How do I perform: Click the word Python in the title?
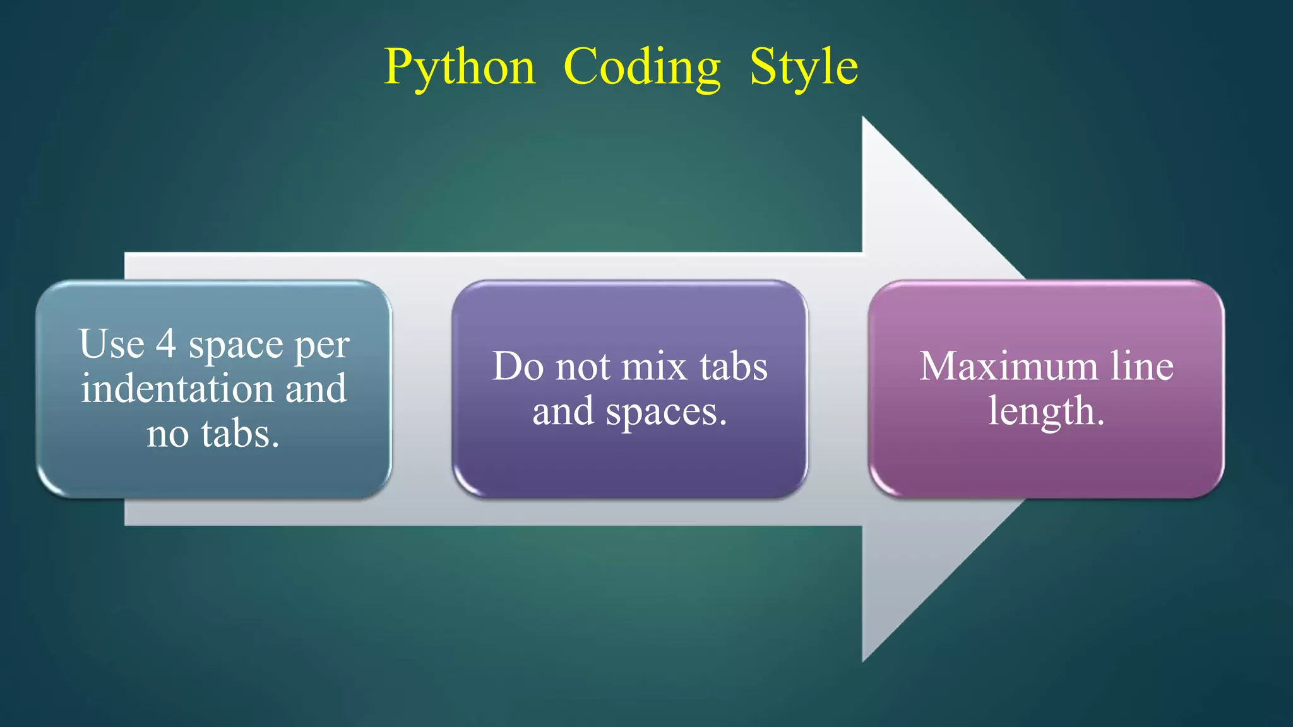pyautogui.click(x=460, y=67)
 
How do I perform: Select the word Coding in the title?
pyautogui.click(x=641, y=67)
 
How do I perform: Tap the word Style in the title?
pyautogui.click(x=804, y=67)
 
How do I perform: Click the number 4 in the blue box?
pyautogui.click(x=166, y=344)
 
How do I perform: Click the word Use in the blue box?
pyautogui.click(x=112, y=344)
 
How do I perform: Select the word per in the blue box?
pyautogui.click(x=322, y=346)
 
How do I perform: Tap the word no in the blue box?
pyautogui.click(x=167, y=434)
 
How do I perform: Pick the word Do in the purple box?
pyautogui.click(x=518, y=366)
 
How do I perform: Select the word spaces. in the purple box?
pyautogui.click(x=666, y=413)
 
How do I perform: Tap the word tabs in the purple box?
pyautogui.click(x=734, y=366)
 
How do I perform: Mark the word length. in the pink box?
pyautogui.click(x=1046, y=411)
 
